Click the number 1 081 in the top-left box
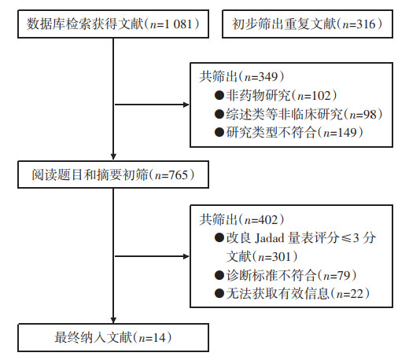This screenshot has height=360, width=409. point(179,24)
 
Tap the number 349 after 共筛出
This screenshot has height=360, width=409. point(268,77)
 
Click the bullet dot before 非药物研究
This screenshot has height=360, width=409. point(219,95)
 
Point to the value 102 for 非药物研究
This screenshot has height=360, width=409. point(321,96)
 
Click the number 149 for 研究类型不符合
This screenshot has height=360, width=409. point(348,132)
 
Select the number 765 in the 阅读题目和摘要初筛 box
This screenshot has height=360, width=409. point(179,175)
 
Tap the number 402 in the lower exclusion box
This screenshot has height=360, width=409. point(268,219)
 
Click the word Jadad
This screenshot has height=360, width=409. point(270,238)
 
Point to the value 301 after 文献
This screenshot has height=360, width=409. point(282,256)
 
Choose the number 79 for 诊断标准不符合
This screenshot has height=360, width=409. point(345,275)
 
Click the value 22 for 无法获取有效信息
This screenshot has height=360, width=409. point(357,293)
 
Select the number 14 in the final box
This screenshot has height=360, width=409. point(160,338)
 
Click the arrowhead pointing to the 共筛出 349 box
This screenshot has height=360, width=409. point(186,105)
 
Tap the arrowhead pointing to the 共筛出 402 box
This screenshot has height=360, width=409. point(186,256)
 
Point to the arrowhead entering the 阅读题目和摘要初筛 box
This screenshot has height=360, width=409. point(113,156)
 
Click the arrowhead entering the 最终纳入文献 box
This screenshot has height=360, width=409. point(113,320)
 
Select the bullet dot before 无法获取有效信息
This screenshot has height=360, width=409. point(219,293)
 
